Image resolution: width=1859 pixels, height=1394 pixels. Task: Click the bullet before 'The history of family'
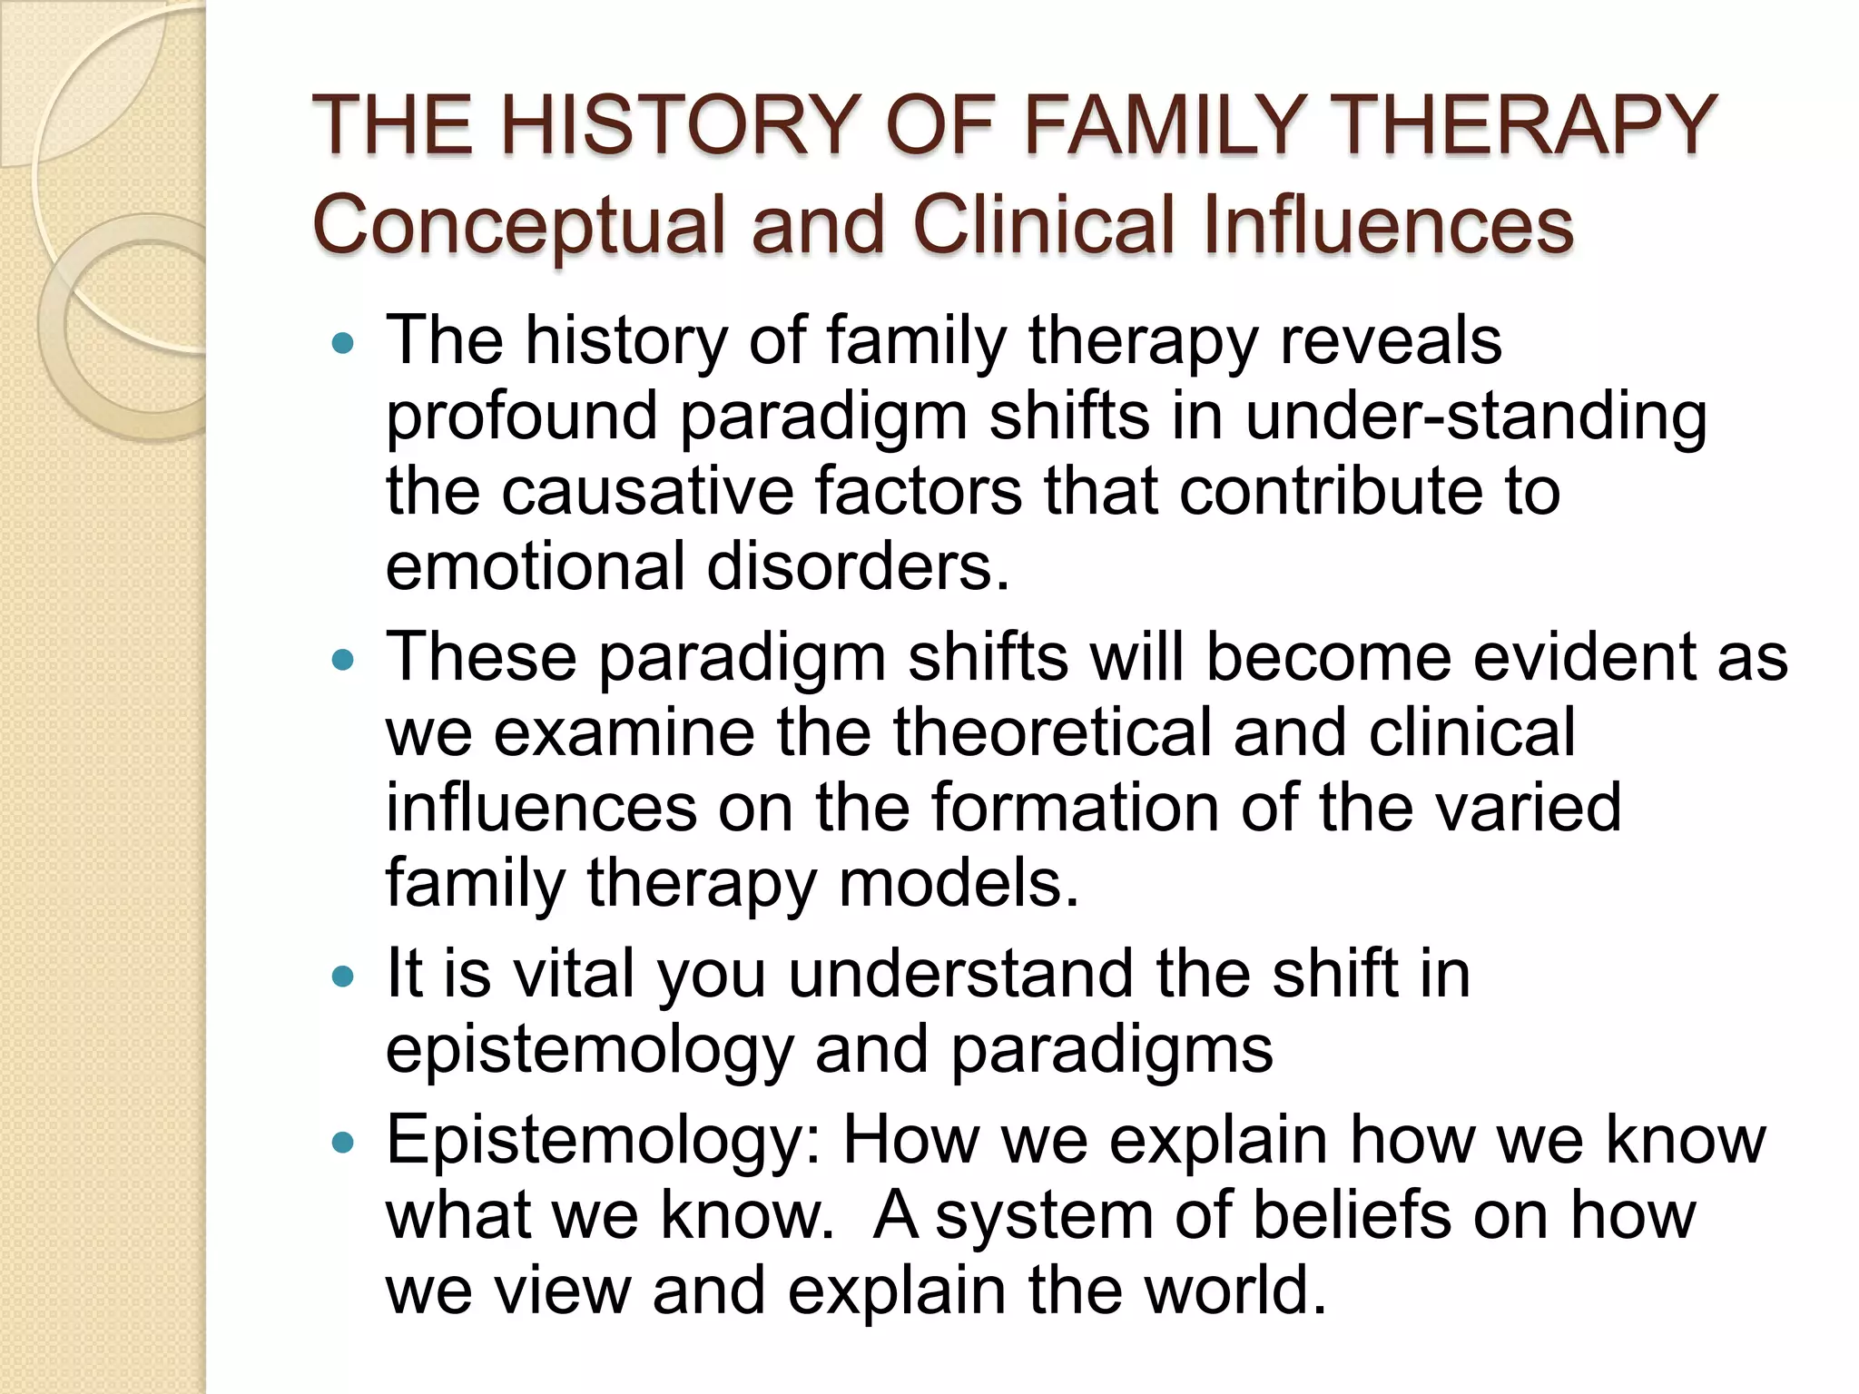click(x=342, y=345)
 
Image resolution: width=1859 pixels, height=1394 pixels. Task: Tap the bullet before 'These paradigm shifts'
click(x=342, y=661)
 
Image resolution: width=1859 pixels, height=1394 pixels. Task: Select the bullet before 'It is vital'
click(x=342, y=977)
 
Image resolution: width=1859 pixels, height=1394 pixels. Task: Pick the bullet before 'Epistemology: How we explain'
click(x=342, y=1143)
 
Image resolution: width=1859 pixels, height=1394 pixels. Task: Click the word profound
click(x=521, y=417)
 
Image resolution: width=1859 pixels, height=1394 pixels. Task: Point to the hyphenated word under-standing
click(x=1476, y=417)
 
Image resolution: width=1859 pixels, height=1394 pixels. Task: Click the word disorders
click(x=857, y=566)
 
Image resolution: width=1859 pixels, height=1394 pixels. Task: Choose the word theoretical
click(x=1052, y=732)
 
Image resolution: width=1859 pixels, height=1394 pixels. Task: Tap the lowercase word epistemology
click(x=589, y=1052)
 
